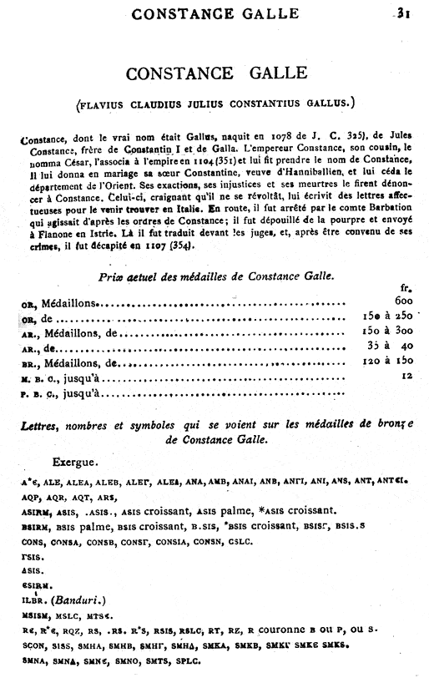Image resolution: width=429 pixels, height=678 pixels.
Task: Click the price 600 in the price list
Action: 406,302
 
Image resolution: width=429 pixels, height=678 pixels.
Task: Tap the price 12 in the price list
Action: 408,379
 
